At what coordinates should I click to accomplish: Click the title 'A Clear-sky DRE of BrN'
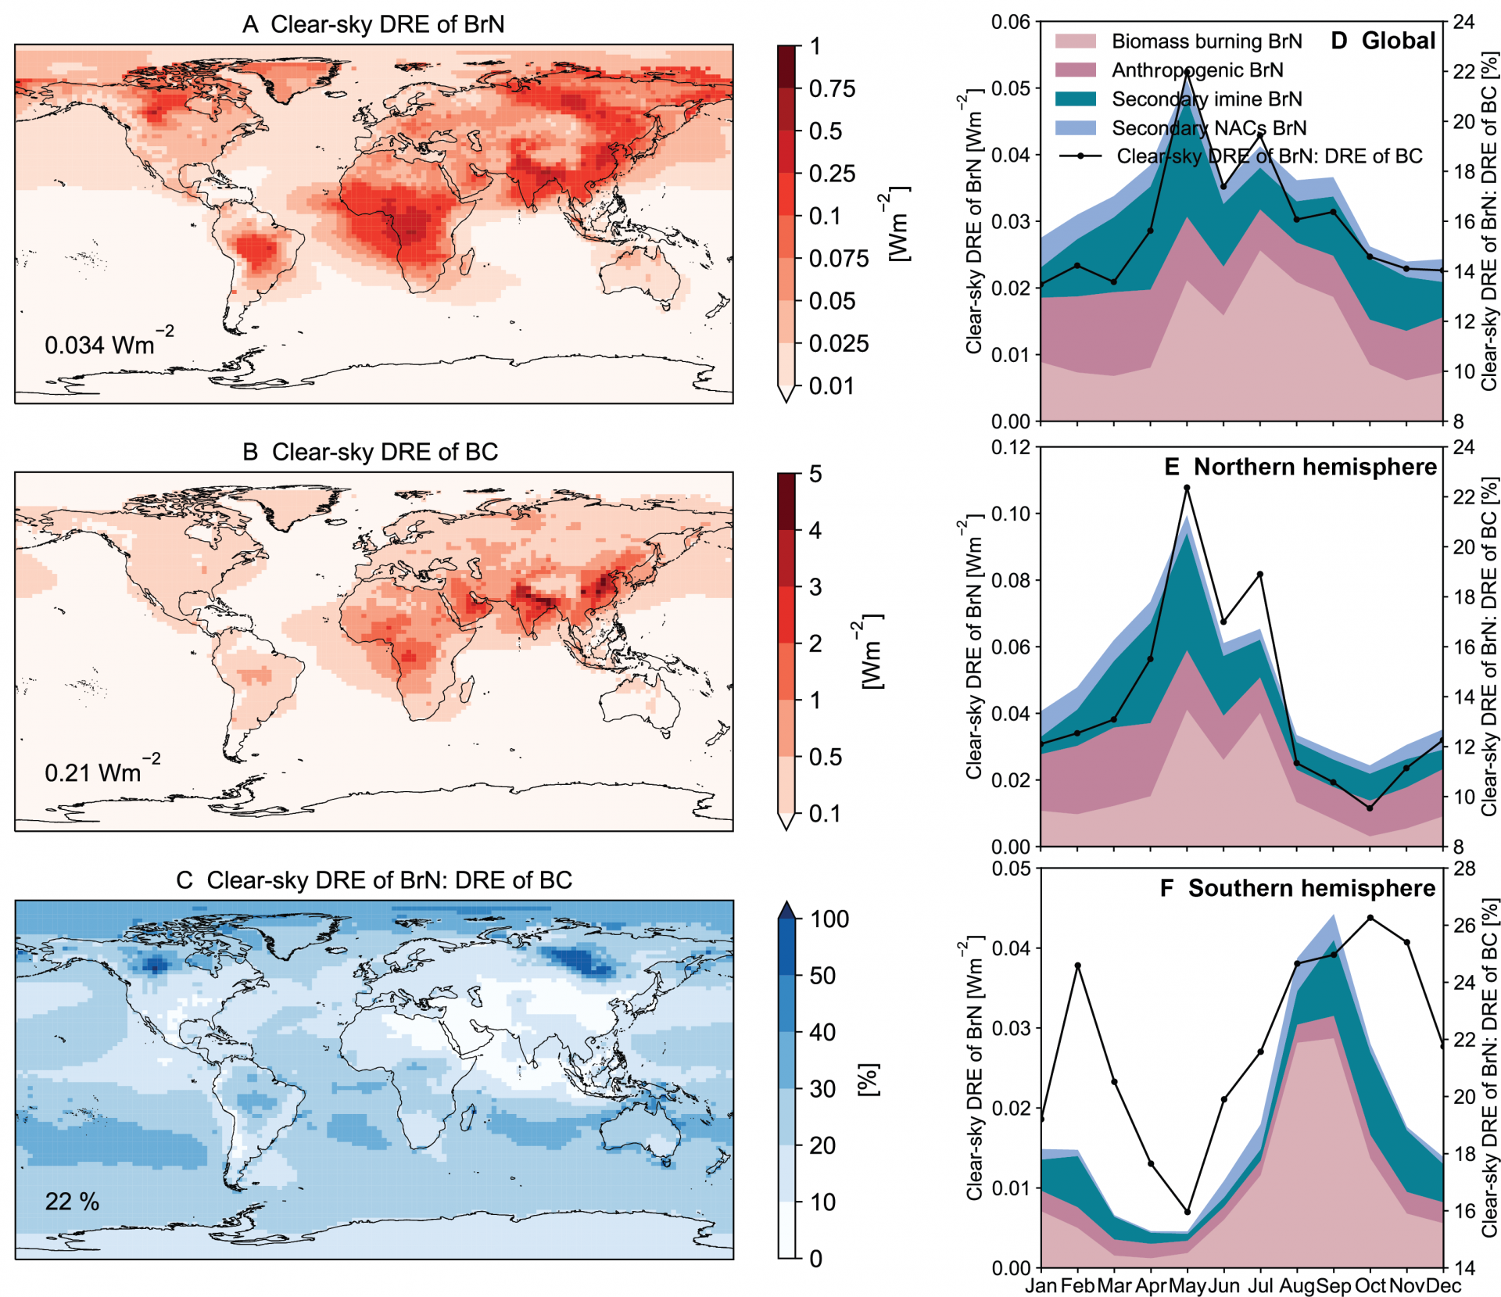373,24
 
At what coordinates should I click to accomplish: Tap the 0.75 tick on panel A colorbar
832,89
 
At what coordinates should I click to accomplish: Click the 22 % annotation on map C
72,1201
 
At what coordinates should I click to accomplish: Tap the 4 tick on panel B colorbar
815,531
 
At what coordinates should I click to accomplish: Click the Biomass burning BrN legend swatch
1075,41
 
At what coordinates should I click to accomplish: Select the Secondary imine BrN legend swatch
1075,99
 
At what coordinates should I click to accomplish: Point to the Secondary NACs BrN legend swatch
1075,128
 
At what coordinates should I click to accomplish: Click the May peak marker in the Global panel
1188,73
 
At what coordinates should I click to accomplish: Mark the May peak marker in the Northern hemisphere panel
1187,488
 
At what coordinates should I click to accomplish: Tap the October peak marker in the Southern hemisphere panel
1370,918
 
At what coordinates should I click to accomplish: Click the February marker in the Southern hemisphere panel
1078,966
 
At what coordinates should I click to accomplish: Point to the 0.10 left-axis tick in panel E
1010,514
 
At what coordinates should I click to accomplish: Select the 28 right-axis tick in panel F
1464,869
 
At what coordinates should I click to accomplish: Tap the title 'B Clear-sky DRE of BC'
370,452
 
